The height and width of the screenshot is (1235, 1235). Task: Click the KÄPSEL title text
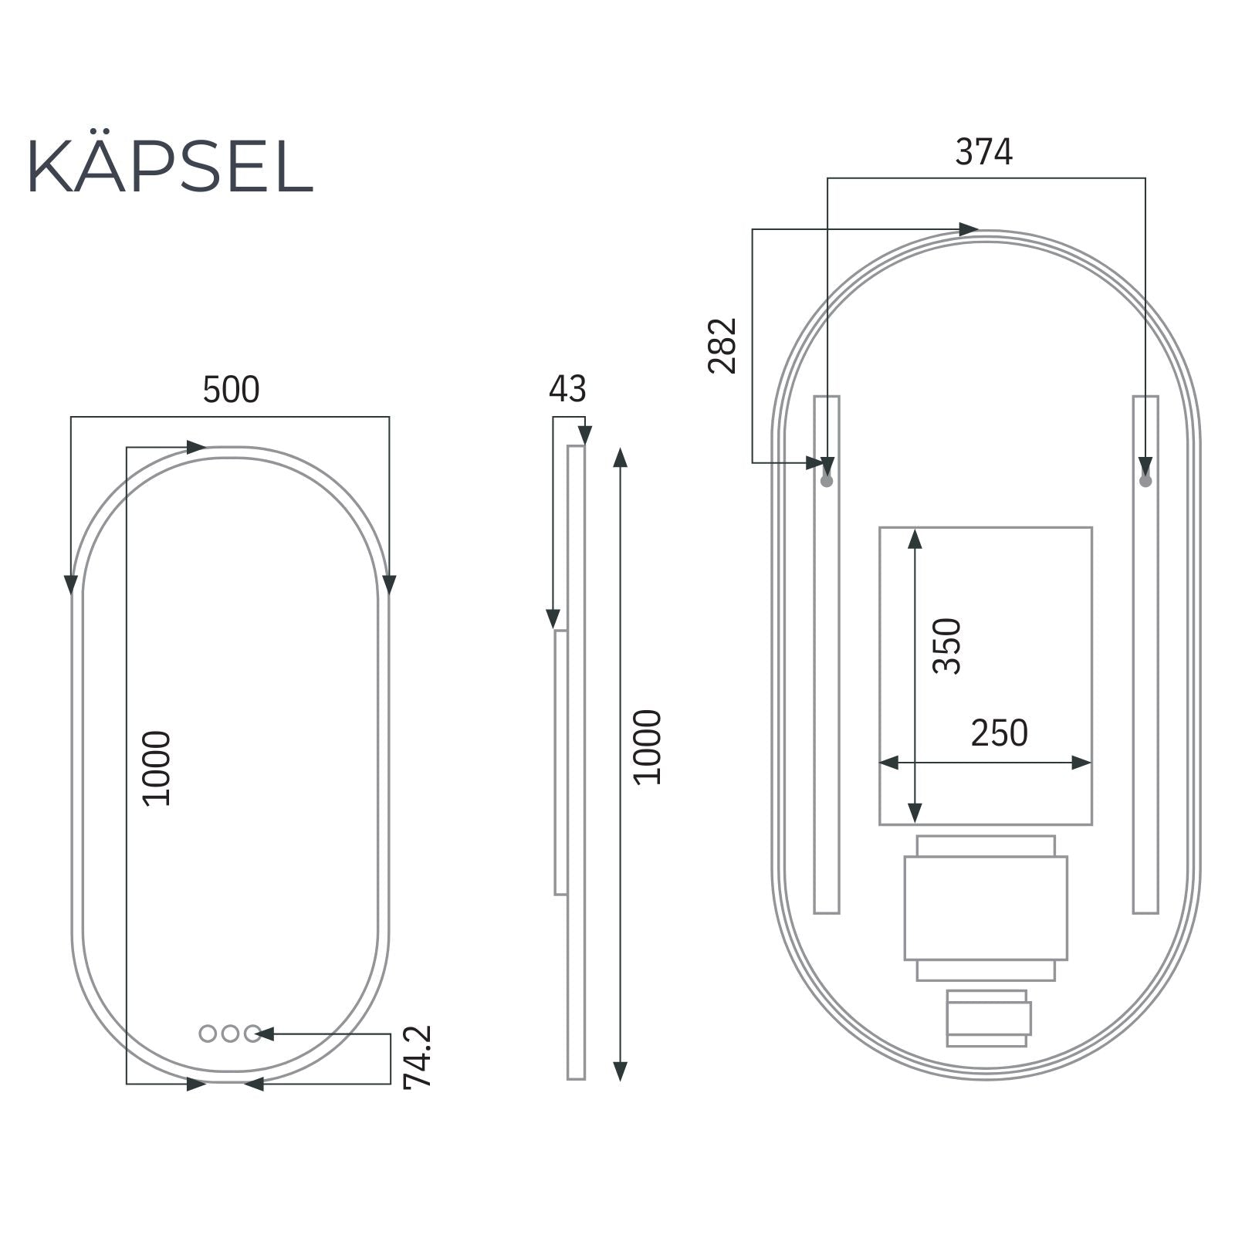[170, 167]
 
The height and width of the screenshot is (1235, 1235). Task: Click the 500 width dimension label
[231, 390]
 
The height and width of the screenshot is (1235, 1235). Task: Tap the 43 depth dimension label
[567, 389]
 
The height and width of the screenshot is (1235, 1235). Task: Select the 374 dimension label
[983, 152]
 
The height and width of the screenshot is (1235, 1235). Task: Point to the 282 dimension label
[722, 346]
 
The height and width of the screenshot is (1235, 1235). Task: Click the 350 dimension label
[947, 647]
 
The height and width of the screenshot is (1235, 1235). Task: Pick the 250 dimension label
[999, 733]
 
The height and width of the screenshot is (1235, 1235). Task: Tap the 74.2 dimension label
[418, 1057]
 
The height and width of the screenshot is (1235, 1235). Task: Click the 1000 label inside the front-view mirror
[157, 769]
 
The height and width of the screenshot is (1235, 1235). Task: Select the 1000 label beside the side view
[647, 747]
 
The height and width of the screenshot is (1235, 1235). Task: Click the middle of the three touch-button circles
[230, 1034]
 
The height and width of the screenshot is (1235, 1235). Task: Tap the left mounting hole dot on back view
[827, 481]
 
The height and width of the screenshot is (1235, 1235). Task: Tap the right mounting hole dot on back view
[1145, 481]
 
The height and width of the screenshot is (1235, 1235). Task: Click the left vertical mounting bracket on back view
[826, 695]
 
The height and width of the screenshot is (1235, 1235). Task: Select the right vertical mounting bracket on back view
[1145, 695]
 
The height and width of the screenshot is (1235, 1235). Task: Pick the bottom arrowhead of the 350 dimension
[915, 814]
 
